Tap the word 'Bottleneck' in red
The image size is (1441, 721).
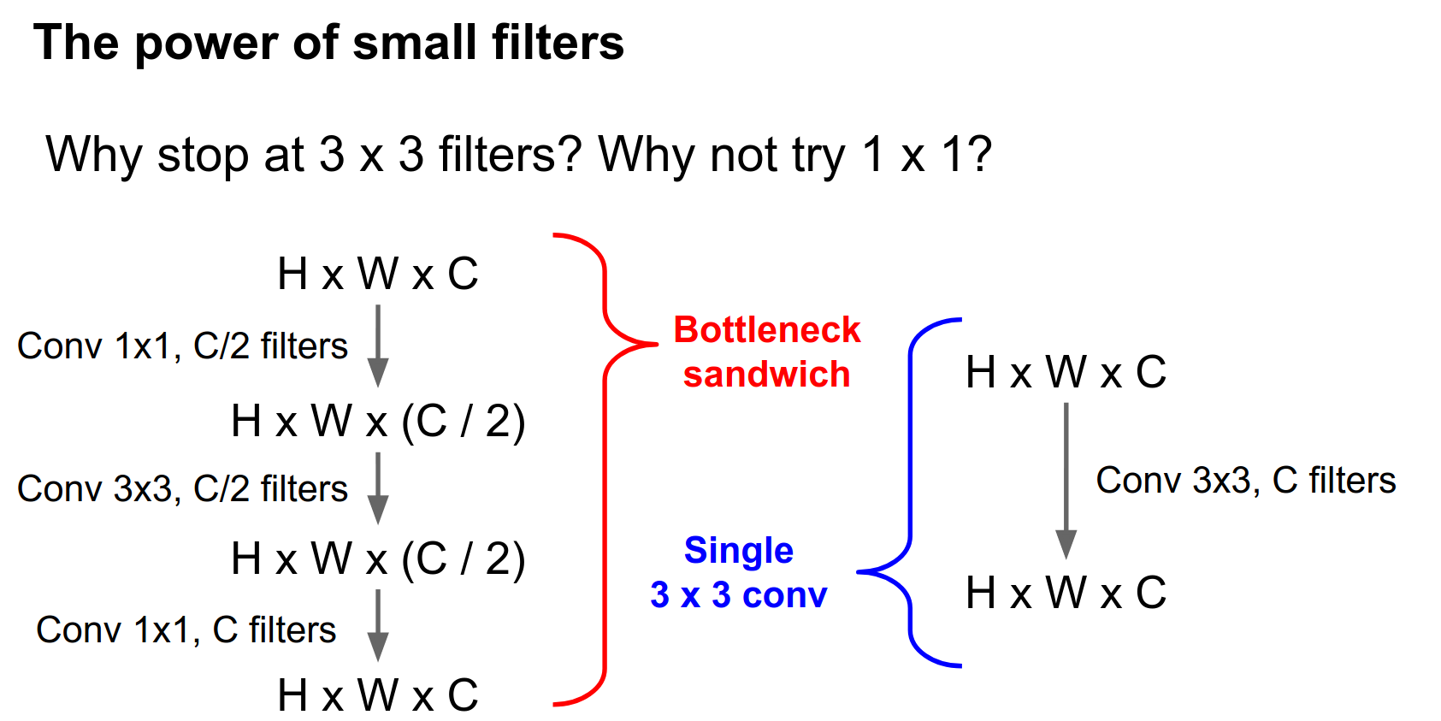click(767, 330)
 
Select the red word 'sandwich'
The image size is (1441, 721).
click(767, 375)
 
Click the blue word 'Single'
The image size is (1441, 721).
click(739, 552)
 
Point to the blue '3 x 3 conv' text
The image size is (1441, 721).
click(739, 595)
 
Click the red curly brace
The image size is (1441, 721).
click(605, 469)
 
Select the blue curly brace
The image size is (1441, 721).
click(910, 492)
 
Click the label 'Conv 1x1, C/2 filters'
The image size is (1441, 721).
click(182, 346)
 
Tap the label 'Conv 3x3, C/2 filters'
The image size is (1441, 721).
click(182, 489)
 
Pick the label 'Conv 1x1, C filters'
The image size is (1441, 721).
click(186, 630)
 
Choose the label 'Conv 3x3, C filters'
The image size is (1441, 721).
click(1246, 481)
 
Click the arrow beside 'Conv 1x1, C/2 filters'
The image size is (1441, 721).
click(378, 346)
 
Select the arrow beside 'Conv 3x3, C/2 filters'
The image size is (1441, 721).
click(378, 488)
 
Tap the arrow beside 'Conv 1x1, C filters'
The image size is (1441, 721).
click(378, 626)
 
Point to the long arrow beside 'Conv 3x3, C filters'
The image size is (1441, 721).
click(1066, 481)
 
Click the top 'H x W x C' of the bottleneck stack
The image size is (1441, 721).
click(378, 275)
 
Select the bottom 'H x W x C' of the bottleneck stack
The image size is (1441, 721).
click(378, 695)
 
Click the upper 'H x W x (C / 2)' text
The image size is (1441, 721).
click(378, 422)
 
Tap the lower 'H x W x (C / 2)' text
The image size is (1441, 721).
click(378, 559)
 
